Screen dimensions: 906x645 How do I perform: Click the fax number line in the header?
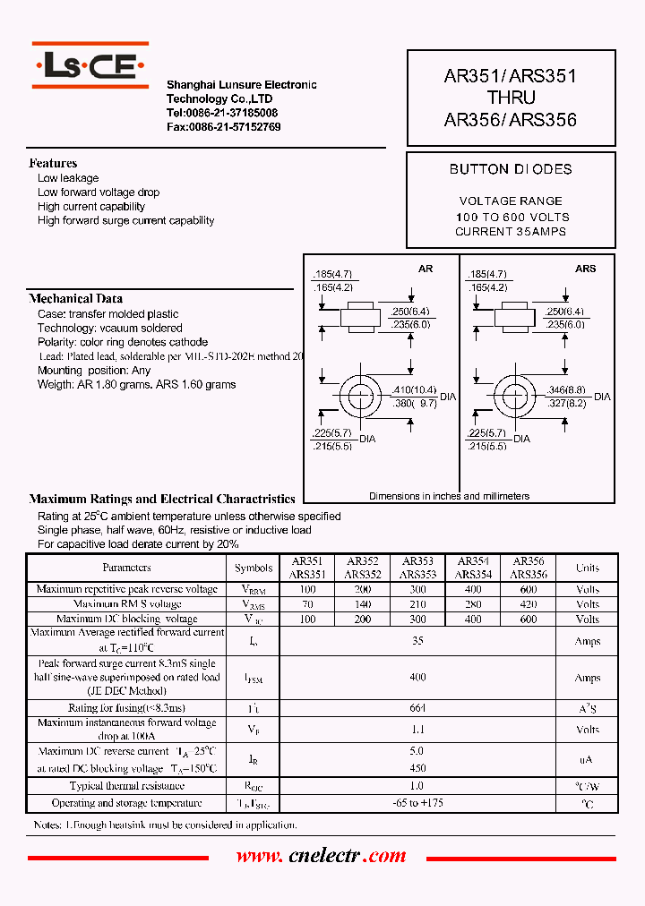tap(223, 127)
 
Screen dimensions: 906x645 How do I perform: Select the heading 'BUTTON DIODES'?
tap(511, 169)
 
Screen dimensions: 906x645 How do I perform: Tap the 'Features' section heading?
tap(53, 163)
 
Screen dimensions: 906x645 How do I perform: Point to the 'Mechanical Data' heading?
tap(76, 298)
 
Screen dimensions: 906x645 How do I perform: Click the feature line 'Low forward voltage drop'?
tap(99, 192)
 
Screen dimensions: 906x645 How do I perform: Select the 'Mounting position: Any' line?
tap(94, 371)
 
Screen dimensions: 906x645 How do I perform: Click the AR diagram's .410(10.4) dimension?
tap(413, 390)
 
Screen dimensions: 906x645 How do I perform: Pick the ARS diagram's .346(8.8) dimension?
tap(566, 390)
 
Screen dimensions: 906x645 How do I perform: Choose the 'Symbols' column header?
tap(254, 568)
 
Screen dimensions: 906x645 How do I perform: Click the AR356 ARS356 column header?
tap(529, 568)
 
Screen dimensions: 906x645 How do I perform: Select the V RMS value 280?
tap(473, 604)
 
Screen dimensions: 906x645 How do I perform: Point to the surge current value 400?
tap(417, 678)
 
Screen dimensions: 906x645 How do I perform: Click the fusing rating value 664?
tap(417, 708)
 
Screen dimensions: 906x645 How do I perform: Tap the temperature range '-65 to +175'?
tap(417, 803)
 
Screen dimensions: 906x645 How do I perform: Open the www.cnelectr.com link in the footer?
tap(321, 857)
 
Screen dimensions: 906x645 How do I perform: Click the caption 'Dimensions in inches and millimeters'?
tap(449, 496)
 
